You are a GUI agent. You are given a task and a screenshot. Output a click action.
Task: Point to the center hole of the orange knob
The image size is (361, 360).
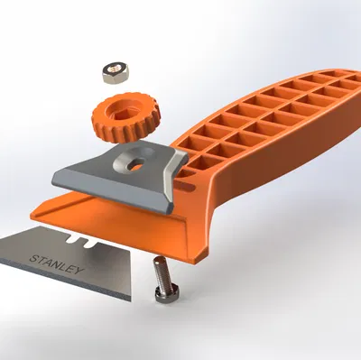(x=122, y=110)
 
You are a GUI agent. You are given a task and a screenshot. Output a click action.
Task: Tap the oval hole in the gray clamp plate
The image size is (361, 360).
(x=135, y=162)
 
